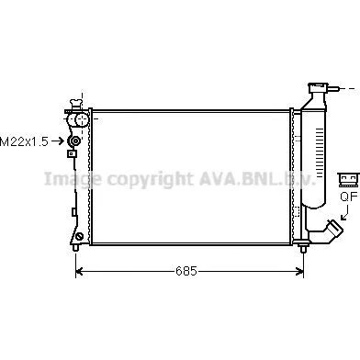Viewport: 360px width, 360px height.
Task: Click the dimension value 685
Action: [x=186, y=271]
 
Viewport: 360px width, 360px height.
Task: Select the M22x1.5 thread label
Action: [x=24, y=141]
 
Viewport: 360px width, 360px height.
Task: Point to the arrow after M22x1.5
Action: [x=58, y=141]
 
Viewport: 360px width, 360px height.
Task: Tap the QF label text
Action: [x=349, y=197]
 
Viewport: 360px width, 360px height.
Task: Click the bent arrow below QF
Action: [x=345, y=213]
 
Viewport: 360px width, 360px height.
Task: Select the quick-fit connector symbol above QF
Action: [x=348, y=180]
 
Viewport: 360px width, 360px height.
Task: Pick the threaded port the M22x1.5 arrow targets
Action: [x=75, y=141]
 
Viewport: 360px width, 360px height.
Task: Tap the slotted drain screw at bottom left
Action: [x=80, y=236]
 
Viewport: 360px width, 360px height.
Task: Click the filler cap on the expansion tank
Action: [x=319, y=87]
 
